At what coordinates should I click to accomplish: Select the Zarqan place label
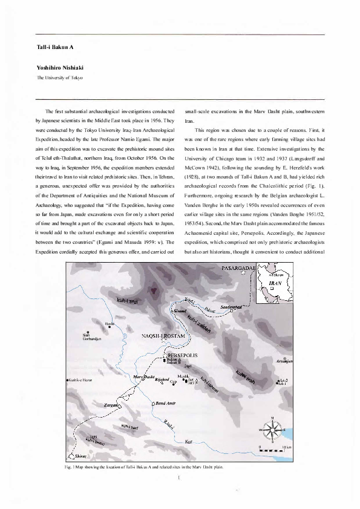[113, 405]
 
